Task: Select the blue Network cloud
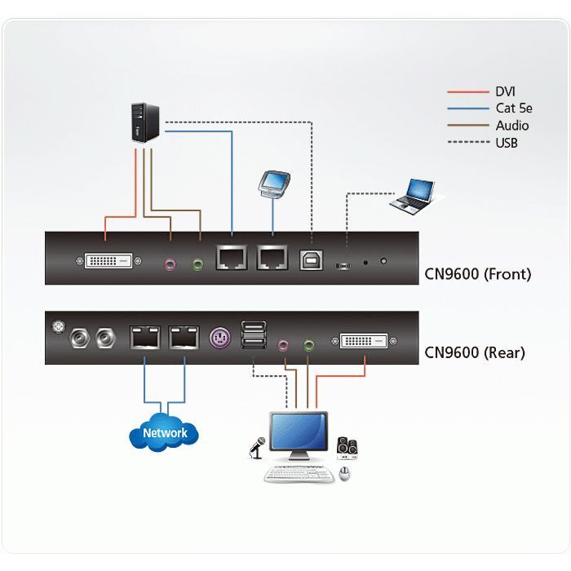click(x=164, y=432)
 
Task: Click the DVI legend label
click(x=505, y=92)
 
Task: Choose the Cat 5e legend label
click(x=512, y=108)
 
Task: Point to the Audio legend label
click(x=512, y=126)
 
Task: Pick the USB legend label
click(x=507, y=143)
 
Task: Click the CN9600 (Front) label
click(x=477, y=273)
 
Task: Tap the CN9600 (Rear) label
click(x=475, y=352)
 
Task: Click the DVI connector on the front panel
click(x=109, y=262)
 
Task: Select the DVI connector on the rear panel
click(x=364, y=341)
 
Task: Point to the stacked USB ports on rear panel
click(x=252, y=336)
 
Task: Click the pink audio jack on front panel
click(x=170, y=263)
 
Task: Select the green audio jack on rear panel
click(x=308, y=344)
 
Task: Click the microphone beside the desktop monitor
click(x=259, y=447)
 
